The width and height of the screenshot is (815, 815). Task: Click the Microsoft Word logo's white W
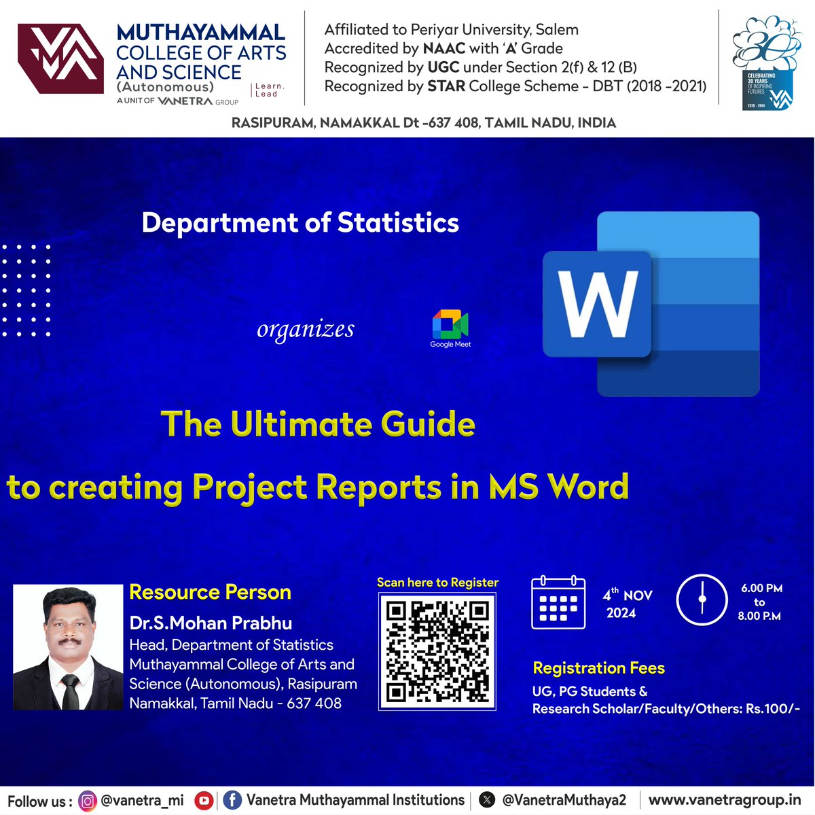click(x=598, y=303)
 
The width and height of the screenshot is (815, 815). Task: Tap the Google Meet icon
click(x=450, y=325)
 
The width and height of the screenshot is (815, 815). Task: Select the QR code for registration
click(x=437, y=651)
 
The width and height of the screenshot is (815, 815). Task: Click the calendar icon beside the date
click(x=558, y=602)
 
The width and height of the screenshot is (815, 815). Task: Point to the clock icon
click(x=702, y=600)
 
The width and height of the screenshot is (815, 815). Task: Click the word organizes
click(x=306, y=330)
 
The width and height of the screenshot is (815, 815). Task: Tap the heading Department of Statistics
click(x=300, y=223)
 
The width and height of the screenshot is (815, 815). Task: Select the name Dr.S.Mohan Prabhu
click(x=211, y=623)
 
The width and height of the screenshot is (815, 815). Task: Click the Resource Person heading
click(x=210, y=592)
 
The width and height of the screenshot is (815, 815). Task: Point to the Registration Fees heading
click(x=598, y=668)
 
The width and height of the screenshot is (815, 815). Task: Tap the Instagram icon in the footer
click(x=88, y=801)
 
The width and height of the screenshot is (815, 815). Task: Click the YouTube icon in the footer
click(x=204, y=801)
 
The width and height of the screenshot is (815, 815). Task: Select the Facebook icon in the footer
click(x=232, y=801)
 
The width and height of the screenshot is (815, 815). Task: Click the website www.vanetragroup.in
click(x=725, y=800)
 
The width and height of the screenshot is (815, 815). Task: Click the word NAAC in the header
click(x=444, y=48)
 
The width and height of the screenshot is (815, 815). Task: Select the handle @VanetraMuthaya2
click(x=564, y=801)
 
